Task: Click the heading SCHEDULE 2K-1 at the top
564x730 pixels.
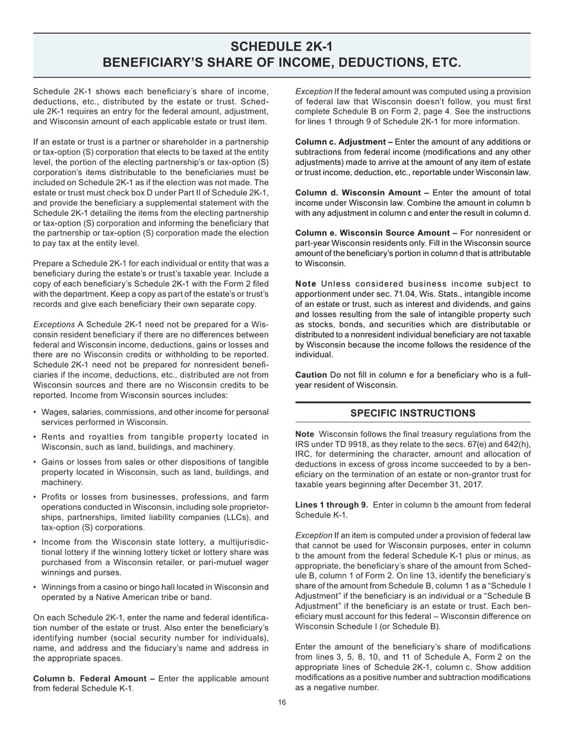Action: click(281, 47)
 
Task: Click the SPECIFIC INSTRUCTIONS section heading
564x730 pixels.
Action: click(413, 413)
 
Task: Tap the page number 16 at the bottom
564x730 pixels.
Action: click(282, 703)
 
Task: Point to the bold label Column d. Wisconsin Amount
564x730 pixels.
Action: click(362, 193)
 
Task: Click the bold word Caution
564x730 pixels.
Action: click(311, 375)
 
